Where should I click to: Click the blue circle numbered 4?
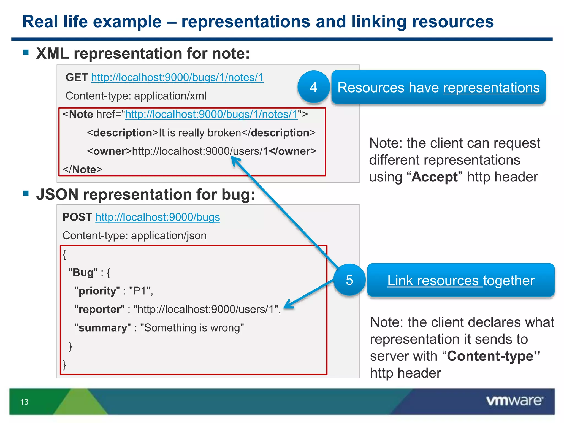[x=313, y=87]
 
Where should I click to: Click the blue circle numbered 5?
[x=349, y=280]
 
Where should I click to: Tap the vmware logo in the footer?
[x=514, y=401]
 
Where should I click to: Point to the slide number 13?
[x=24, y=402]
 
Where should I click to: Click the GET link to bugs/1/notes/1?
[x=177, y=78]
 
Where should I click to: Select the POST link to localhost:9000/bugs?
[x=158, y=217]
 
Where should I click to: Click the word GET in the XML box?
[x=77, y=78]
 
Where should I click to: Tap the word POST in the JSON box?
[x=77, y=217]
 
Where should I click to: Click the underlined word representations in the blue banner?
[x=491, y=88]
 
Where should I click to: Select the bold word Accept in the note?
[x=434, y=177]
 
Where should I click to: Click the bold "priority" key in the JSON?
[x=97, y=291]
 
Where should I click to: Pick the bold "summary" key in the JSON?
[x=102, y=328]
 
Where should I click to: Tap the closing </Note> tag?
[x=82, y=170]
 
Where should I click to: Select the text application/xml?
[x=170, y=96]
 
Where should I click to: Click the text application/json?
[x=169, y=236]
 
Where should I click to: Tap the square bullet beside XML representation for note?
[x=26, y=52]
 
